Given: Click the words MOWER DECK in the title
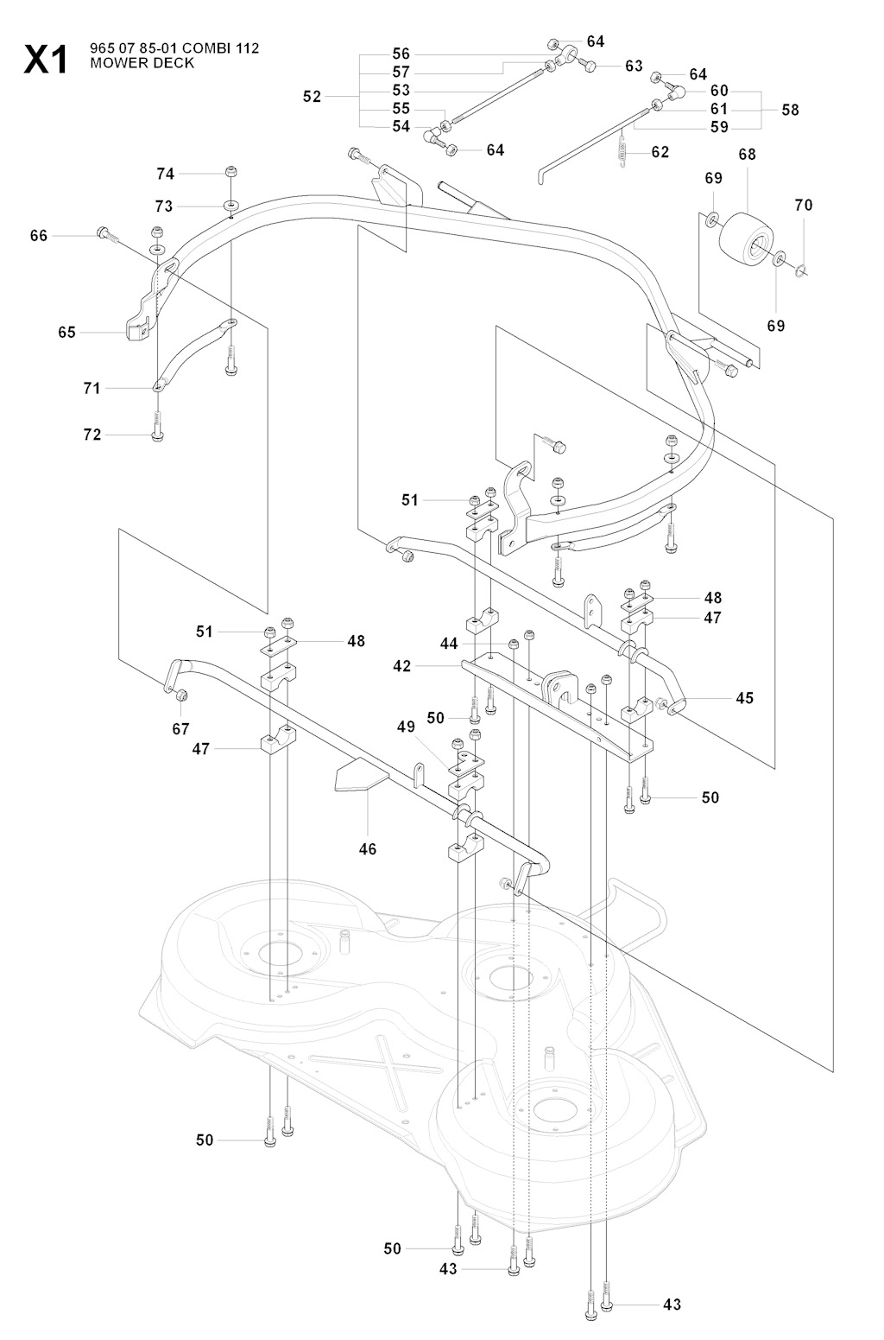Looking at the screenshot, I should coord(142,63).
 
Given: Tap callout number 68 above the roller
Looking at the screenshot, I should coord(747,155).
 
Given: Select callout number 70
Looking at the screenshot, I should coord(804,206).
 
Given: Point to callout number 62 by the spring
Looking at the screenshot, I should coord(660,152).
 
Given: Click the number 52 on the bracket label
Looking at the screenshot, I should coord(312,97).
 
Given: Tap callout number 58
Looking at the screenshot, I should coord(790,110).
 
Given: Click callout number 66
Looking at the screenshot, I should coord(39,235).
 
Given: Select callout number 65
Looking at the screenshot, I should coord(66,332).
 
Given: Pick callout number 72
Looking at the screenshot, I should coord(92,435).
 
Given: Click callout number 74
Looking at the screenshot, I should coord(165,174).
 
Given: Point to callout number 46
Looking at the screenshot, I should coord(368,849).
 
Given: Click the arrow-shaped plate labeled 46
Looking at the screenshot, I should coord(357,775).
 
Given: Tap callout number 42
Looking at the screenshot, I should coord(401,666).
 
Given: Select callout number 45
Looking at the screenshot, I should coord(744,697).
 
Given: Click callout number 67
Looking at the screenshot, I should coord(180,729).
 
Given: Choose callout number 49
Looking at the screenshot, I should coord(406,727).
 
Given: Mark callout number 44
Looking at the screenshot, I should coord(449,644).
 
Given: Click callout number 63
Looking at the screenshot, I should coord(635,65).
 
